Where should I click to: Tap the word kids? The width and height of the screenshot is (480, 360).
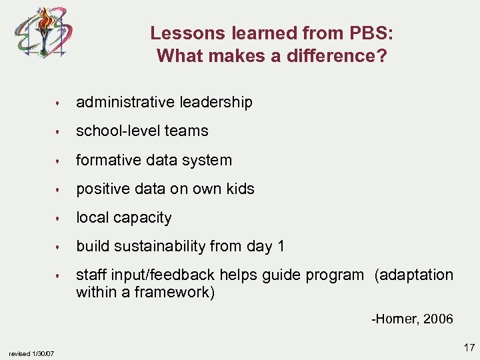(239, 189)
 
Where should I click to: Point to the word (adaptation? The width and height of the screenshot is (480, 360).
(413, 275)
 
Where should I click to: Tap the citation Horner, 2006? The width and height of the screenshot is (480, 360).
(412, 319)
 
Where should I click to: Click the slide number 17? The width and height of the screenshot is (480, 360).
(469, 347)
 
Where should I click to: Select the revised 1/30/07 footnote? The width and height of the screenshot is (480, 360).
(32, 353)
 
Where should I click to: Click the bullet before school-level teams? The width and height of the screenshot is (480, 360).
(59, 132)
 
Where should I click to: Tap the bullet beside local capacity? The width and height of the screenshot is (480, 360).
(59, 219)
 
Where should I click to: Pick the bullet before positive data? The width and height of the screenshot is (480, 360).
(59, 189)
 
